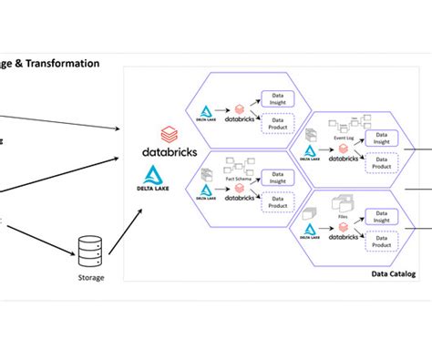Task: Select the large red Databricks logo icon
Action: click(x=168, y=134)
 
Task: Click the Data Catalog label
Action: click(x=394, y=273)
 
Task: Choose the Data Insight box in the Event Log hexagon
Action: click(x=381, y=138)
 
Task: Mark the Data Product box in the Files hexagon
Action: click(x=381, y=243)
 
